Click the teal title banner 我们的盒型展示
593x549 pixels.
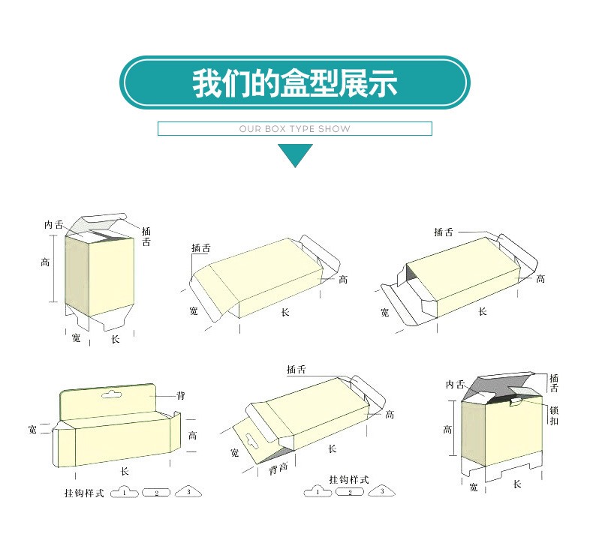pyautogui.click(x=295, y=82)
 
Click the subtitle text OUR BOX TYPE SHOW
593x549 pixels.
pyautogui.click(x=295, y=129)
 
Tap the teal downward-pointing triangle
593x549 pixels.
pyautogui.click(x=295, y=154)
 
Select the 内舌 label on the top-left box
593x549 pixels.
pyautogui.click(x=53, y=224)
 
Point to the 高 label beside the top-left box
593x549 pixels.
pyautogui.click(x=46, y=262)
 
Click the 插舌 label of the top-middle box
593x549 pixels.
pyautogui.click(x=200, y=248)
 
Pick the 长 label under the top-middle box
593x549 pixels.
pyautogui.click(x=284, y=311)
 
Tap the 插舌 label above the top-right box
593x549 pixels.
pyautogui.click(x=444, y=232)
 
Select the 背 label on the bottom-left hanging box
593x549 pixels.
pyautogui.click(x=180, y=395)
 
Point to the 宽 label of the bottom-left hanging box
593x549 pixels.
pyautogui.click(x=32, y=429)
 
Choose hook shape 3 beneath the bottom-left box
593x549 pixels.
pyautogui.click(x=188, y=493)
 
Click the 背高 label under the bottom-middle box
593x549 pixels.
pyautogui.click(x=278, y=469)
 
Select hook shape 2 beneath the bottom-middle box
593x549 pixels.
pyautogui.click(x=350, y=492)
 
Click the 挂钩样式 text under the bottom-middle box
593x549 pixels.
pyautogui.click(x=349, y=478)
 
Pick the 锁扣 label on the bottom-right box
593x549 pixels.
pyautogui.click(x=554, y=415)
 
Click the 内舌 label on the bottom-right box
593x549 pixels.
pyautogui.click(x=455, y=384)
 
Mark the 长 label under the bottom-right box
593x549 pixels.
pyautogui.click(x=516, y=484)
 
